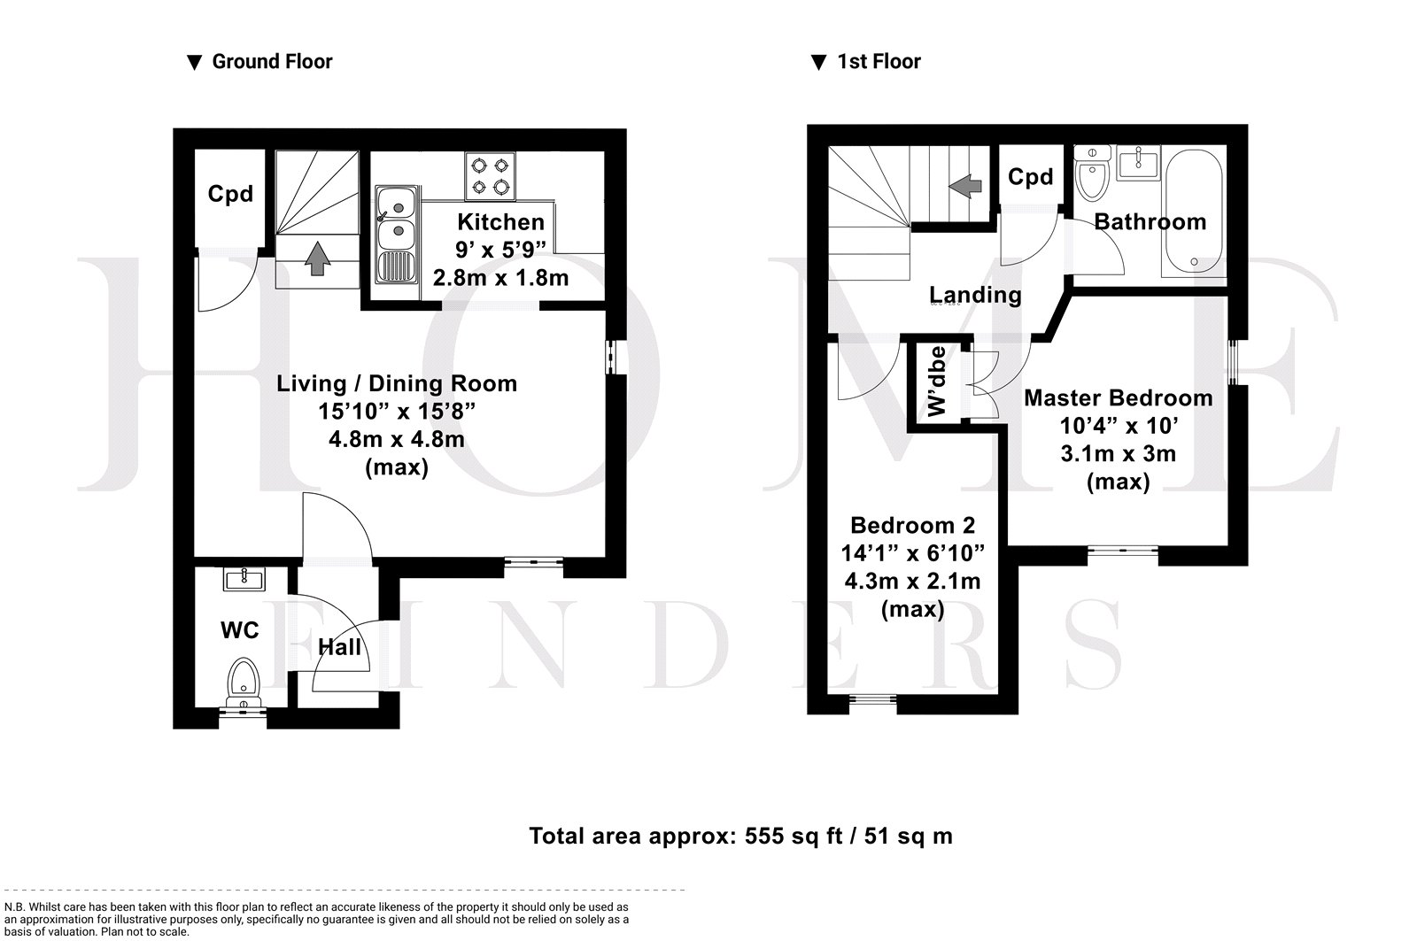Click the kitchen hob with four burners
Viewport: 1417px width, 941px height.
click(491, 176)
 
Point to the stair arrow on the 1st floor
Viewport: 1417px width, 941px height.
click(964, 186)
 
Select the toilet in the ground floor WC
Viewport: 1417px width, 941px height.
click(244, 683)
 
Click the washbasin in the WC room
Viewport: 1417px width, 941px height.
click(244, 579)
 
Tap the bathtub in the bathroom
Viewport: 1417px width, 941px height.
click(1194, 213)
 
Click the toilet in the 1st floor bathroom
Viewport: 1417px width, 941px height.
click(1093, 173)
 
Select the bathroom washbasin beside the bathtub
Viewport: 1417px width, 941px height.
click(1137, 163)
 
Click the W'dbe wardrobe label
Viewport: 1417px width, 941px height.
click(936, 382)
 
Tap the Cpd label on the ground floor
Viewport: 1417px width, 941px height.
click(230, 194)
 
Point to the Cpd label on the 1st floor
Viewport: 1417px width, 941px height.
click(1031, 176)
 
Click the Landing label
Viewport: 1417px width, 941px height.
click(975, 295)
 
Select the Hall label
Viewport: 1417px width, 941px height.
click(340, 647)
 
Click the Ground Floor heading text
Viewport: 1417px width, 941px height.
click(272, 61)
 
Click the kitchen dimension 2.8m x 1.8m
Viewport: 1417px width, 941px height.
click(500, 278)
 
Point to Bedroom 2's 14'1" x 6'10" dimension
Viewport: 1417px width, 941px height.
click(912, 553)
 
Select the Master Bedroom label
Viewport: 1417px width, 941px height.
click(1118, 397)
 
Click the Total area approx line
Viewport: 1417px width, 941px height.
click(740, 836)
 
